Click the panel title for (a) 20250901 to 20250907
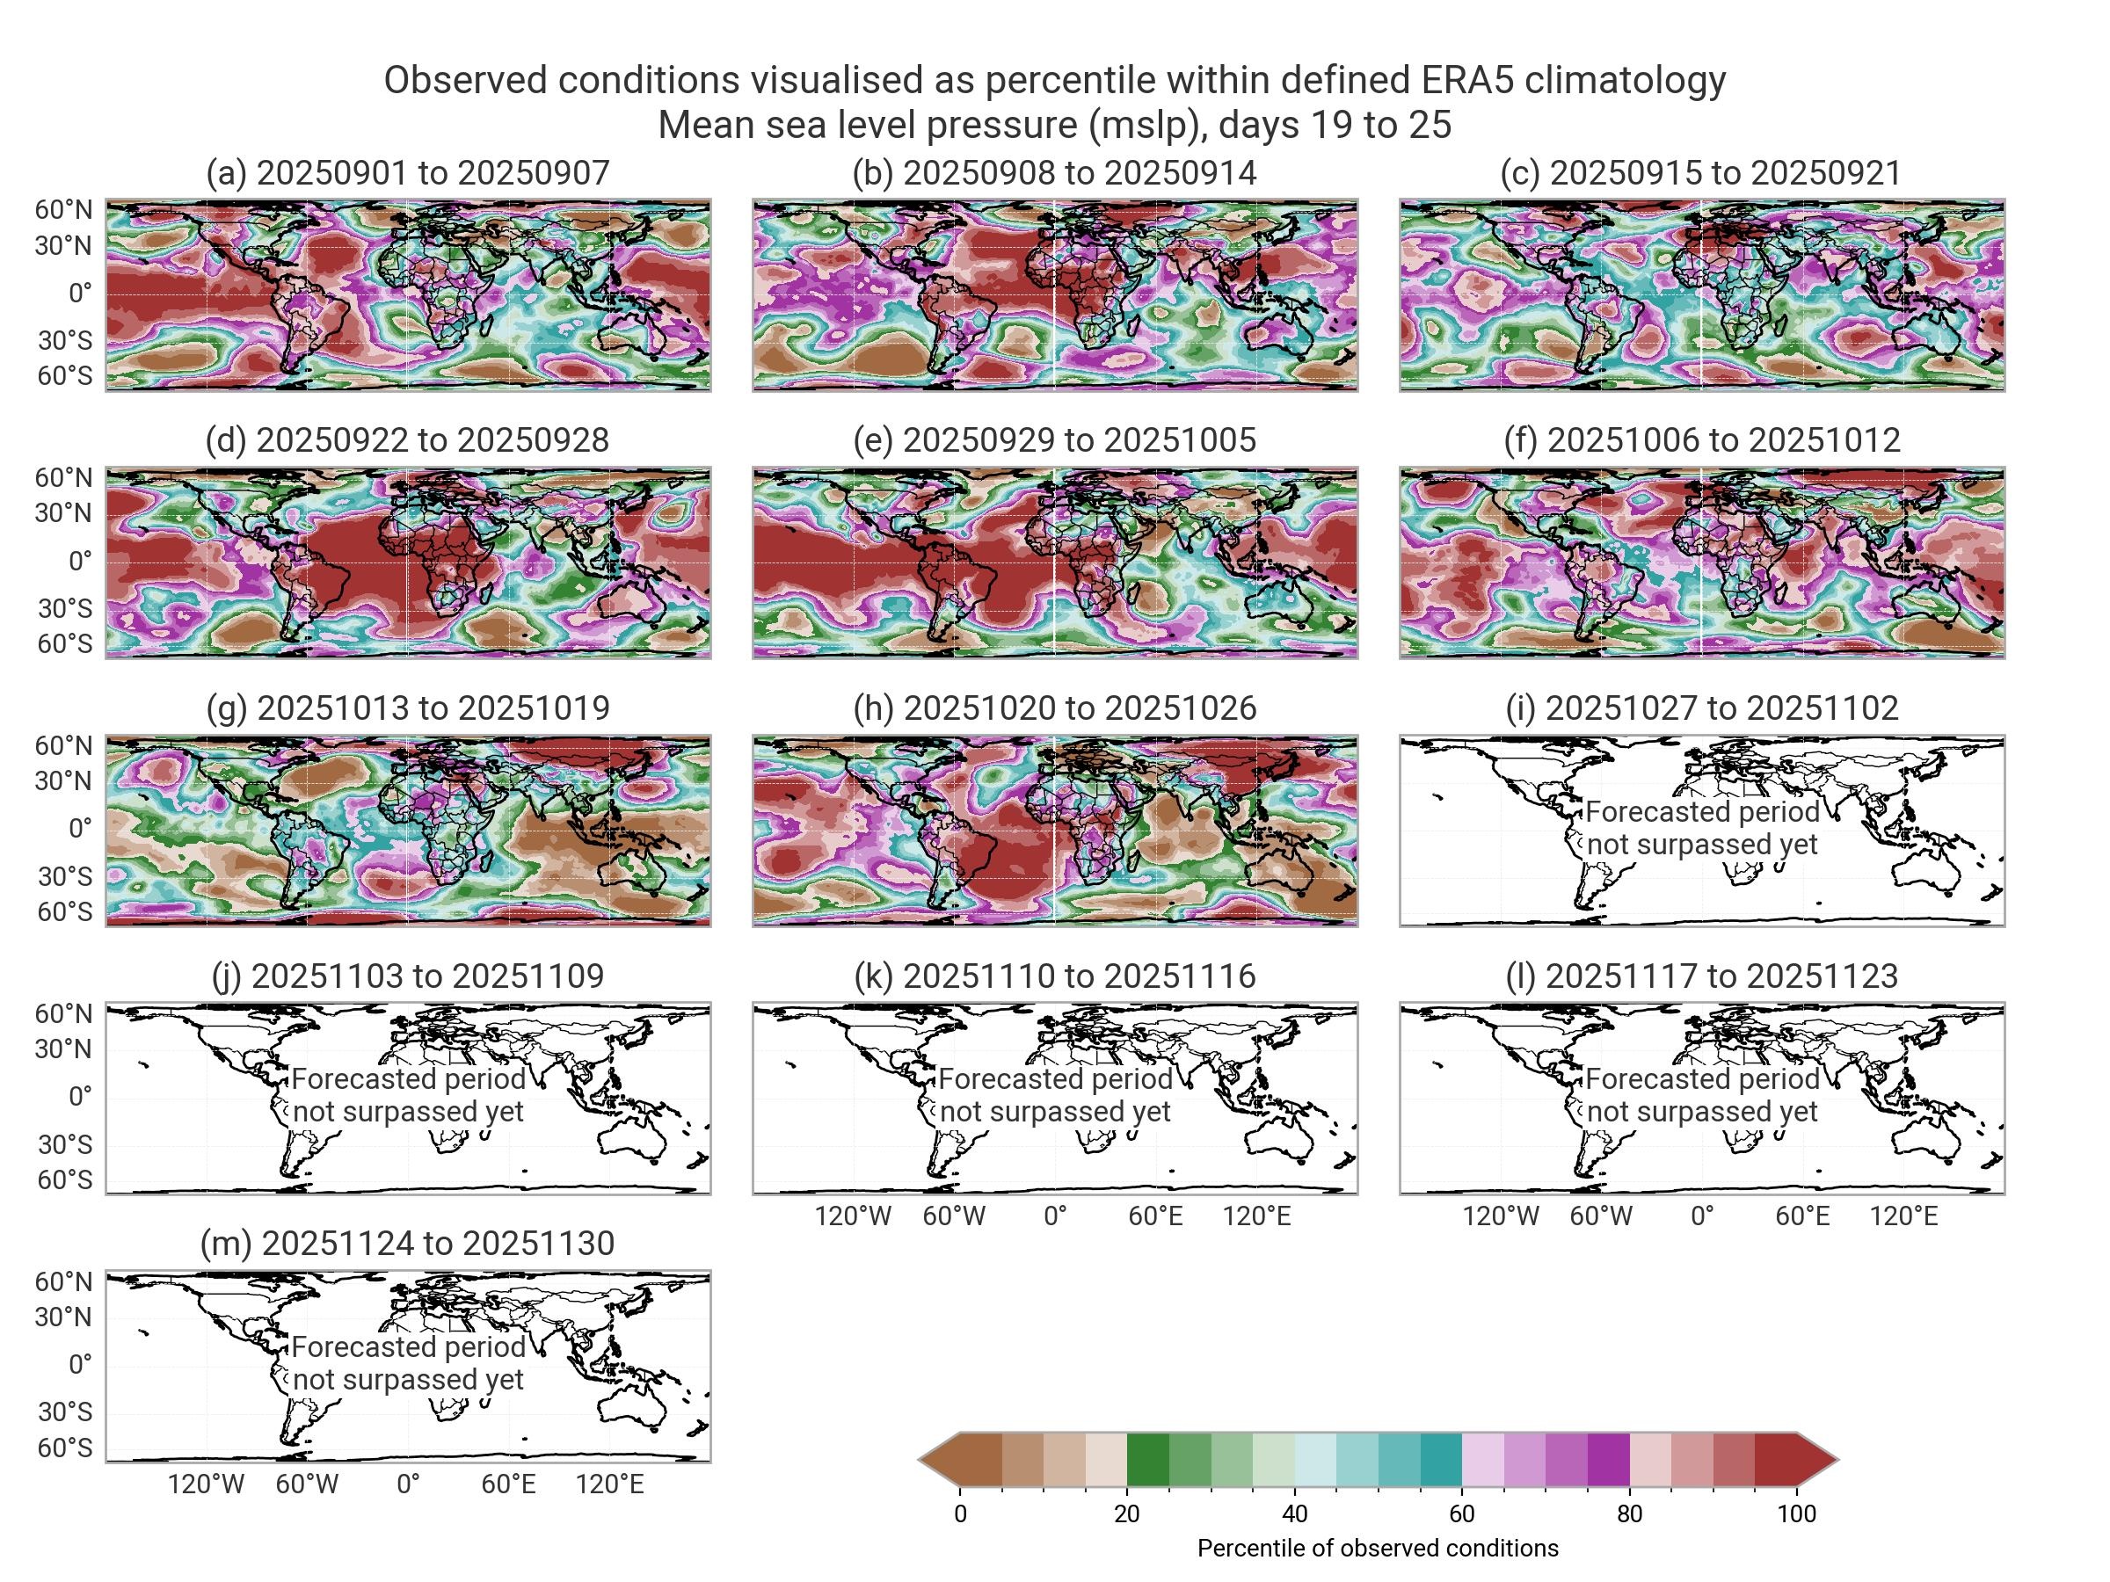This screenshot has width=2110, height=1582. tap(407, 172)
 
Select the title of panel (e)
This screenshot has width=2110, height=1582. tap(1054, 439)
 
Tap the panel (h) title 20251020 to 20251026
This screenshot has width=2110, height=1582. tap(1054, 708)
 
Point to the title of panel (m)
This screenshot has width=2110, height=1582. tap(407, 1243)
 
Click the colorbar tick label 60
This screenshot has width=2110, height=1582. tap(1461, 1513)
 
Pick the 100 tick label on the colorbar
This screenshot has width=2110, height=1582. tap(1796, 1513)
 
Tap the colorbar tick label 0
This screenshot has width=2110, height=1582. tap(961, 1513)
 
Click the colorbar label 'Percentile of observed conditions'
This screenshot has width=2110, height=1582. tap(1378, 1548)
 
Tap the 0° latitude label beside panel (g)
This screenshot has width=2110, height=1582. tap(80, 828)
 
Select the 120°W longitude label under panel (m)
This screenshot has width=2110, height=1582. tap(206, 1484)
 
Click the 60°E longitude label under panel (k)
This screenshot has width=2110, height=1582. tap(1155, 1216)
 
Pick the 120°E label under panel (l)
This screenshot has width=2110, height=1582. tap(1903, 1216)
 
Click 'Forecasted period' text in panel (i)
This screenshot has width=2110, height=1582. tap(1702, 811)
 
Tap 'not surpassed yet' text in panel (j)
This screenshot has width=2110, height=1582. tap(407, 1112)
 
